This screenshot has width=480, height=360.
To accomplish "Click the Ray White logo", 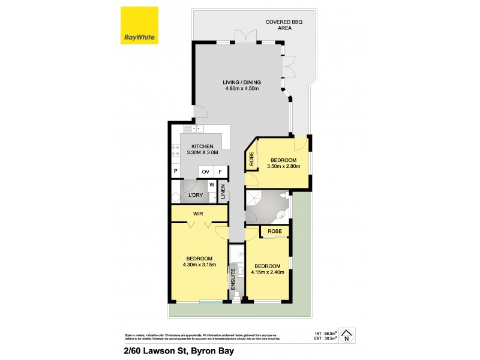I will tap(140, 25).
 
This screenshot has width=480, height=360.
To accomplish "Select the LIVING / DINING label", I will tap(242, 82).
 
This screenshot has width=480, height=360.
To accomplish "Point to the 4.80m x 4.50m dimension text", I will tap(242, 89).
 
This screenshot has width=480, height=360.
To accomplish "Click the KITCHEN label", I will tap(203, 146).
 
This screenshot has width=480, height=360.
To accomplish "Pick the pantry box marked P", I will tap(176, 172).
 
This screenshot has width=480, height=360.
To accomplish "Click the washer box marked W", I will tap(212, 185).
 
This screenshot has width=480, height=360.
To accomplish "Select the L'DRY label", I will tap(195, 196).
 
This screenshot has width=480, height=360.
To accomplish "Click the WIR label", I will tap(198, 214).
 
